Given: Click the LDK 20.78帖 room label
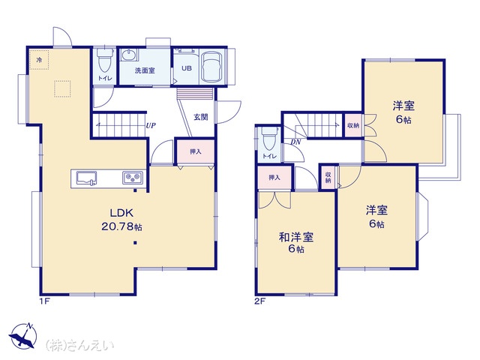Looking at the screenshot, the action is pos(121,220).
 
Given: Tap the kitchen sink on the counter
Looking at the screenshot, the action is pos(86,178).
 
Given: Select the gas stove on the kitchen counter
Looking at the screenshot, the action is pos(133,178).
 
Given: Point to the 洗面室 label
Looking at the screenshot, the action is pos(145,70).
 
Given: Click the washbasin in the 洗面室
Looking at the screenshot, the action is pos(129,55).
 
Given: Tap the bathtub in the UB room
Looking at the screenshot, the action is pos(211,67).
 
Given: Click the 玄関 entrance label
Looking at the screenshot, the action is pos(201,117).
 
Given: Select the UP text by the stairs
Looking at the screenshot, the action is pos(151,125).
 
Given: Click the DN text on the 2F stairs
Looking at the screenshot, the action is pos(295,142).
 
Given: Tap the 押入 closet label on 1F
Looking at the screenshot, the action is pos(195,151).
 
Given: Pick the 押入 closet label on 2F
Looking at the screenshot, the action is pos(274,178).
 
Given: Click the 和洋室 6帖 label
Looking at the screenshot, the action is pos(296,243).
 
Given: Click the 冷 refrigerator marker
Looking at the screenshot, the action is pos(39,60).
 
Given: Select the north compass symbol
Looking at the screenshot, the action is pos(23,335).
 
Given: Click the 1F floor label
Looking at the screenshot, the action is pos(44,301).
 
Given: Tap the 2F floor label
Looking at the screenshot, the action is pos(260,301).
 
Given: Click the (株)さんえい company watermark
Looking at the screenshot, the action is pos(79,345).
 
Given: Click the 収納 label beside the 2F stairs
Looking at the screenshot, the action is pos(353,125).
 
